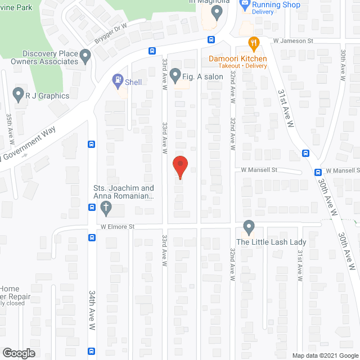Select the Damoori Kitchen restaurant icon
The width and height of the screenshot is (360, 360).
pos(254,43)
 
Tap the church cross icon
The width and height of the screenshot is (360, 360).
pos(105,209)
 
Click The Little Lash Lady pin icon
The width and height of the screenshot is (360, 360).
pos(248,228)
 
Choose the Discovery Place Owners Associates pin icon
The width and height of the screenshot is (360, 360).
pos(85,56)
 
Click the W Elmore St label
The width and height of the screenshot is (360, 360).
pos(120,227)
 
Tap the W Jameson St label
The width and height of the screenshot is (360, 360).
pos(293,41)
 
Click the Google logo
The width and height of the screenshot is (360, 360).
pos(18,353)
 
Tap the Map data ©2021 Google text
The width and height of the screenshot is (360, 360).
pos(325,355)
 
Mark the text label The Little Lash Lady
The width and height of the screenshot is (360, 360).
pos(271,242)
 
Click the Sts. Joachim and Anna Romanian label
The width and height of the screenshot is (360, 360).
pos(124,192)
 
